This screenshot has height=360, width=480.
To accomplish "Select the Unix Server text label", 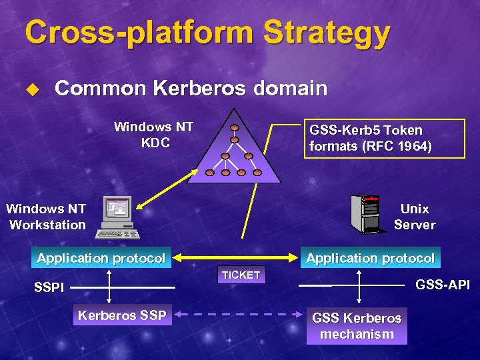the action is point(414,217).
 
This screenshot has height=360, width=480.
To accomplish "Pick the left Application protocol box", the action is point(101,258).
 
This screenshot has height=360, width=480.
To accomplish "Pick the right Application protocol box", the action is point(370,258).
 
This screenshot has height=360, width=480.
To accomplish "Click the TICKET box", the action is point(241,275).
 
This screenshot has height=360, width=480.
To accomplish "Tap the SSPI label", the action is point(49,288).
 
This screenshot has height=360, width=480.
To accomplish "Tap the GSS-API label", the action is point(443,285).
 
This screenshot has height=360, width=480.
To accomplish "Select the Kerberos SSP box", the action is point(122,315).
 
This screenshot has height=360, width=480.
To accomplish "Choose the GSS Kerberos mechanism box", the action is point(357,326).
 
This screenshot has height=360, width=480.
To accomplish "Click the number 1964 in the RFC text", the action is point(412,146).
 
